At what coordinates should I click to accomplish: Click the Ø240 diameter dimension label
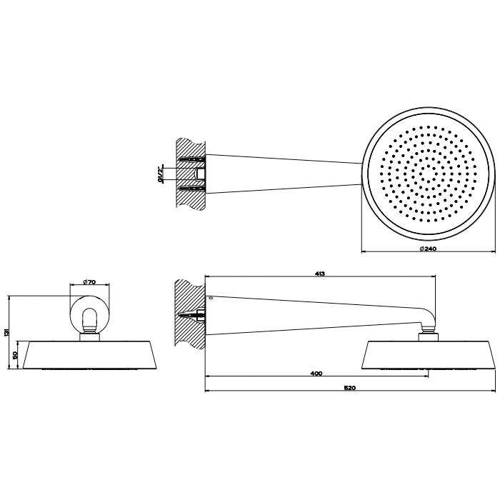[428, 249]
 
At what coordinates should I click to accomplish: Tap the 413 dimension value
[320, 274]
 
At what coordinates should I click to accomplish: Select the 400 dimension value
[316, 374]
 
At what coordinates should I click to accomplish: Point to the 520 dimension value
[350, 388]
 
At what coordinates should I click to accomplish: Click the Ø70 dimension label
[89, 281]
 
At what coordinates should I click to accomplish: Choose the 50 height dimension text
[16, 356]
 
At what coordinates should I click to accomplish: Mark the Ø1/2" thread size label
[161, 174]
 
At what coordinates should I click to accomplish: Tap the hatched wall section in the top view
[191, 174]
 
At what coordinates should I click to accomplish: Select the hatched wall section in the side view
[189, 314]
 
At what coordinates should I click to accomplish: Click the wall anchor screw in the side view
[192, 316]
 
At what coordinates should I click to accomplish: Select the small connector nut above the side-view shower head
[429, 336]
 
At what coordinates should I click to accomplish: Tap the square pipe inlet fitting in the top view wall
[201, 174]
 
